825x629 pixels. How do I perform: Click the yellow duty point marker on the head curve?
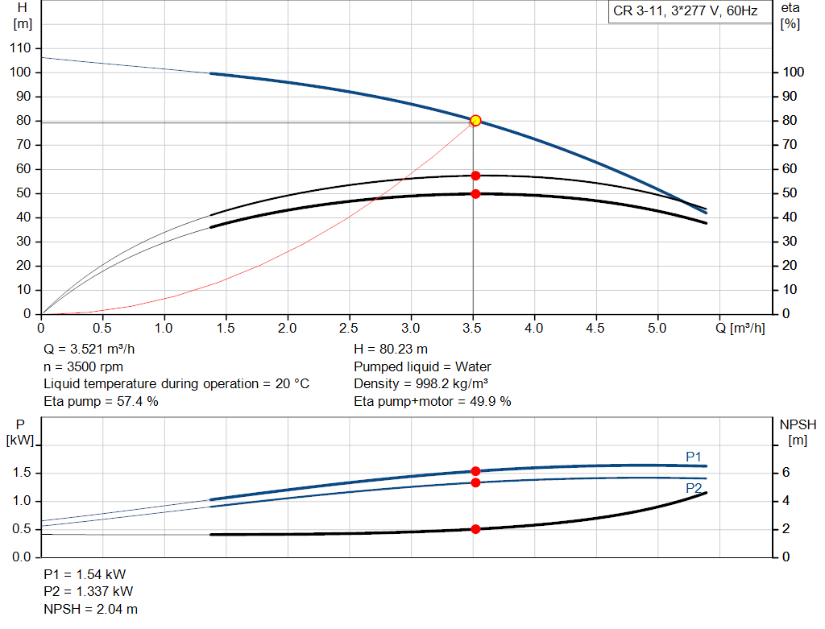[475, 120]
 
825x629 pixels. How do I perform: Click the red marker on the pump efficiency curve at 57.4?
[475, 176]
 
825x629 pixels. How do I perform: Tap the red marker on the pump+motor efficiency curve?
[475, 193]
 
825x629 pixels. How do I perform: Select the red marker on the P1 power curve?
[475, 471]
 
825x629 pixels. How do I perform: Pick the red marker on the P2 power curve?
[475, 482]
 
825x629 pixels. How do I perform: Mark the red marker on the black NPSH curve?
[475, 529]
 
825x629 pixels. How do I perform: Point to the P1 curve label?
[694, 457]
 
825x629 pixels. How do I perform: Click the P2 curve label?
[694, 488]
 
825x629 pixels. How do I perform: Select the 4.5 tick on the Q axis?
[596, 328]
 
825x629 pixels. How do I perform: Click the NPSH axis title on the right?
[798, 431]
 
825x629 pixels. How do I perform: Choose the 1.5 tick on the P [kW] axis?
[19, 473]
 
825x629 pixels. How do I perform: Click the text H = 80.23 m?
[391, 350]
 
